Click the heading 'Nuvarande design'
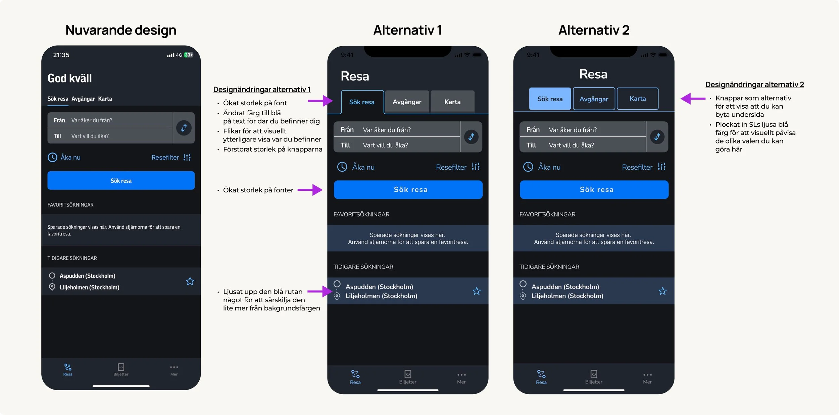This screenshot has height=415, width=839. [121, 30]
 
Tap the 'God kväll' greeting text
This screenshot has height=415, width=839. [69, 78]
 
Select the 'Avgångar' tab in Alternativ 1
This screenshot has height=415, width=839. [407, 102]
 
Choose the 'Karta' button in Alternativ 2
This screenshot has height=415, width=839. [637, 99]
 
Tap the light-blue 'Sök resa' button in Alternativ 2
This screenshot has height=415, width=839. [550, 99]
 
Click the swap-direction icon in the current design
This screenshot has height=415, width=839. [184, 128]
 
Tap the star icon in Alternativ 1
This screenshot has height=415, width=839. [477, 291]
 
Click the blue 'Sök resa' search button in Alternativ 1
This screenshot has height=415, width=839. [408, 190]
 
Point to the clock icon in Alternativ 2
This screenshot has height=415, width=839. [528, 167]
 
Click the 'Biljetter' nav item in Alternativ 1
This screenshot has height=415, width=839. [408, 377]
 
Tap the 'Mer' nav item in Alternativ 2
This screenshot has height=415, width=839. [647, 377]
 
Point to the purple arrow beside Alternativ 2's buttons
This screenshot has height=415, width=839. [693, 99]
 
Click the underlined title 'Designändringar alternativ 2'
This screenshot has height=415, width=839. [754, 84]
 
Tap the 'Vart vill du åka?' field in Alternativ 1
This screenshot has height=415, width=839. [396, 145]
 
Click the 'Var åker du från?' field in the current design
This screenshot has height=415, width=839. [111, 120]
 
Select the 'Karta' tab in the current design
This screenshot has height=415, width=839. [105, 99]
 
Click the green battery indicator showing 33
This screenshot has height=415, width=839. [189, 55]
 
